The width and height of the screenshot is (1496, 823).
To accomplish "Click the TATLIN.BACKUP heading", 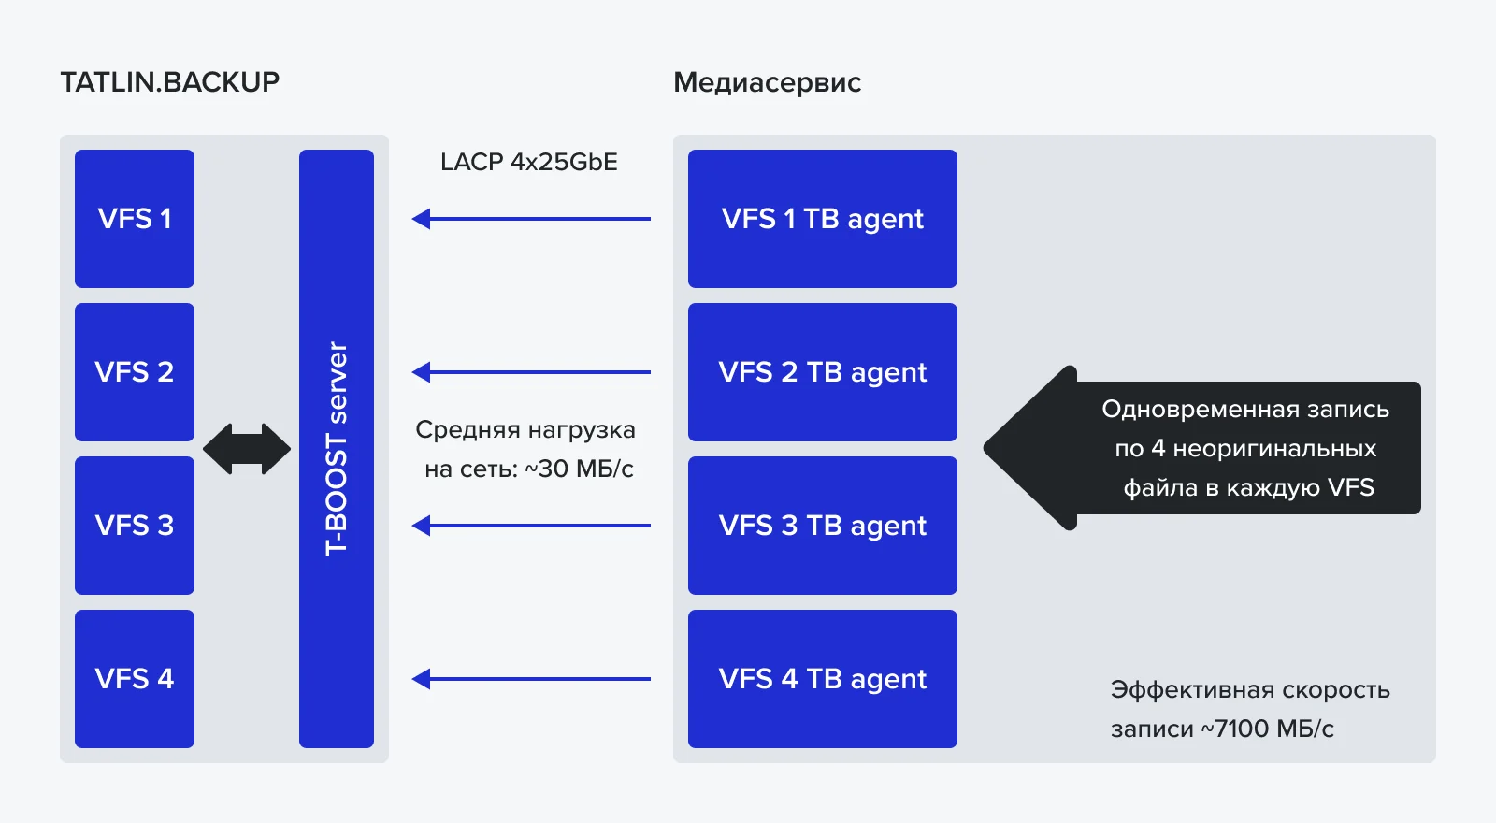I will pyautogui.click(x=170, y=82).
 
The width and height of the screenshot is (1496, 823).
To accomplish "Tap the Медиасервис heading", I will pyautogui.click(x=767, y=82).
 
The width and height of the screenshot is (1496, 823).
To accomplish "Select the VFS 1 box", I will pyautogui.click(x=135, y=219).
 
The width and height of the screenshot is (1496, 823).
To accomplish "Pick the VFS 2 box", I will pyautogui.click(x=135, y=372).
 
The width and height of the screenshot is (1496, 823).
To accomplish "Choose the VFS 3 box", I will pyautogui.click(x=135, y=526).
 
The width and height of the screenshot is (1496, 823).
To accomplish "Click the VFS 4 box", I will pyautogui.click(x=135, y=679).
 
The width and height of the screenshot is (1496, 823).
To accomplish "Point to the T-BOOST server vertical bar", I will pyautogui.click(x=337, y=449).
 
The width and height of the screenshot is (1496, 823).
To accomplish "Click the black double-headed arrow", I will pyautogui.click(x=247, y=449).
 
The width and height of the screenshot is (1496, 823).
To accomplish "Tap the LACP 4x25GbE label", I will pyautogui.click(x=529, y=162).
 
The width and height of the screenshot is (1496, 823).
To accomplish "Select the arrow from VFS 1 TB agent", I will pyautogui.click(x=531, y=219).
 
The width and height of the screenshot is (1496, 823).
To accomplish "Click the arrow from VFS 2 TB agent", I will pyautogui.click(x=531, y=372).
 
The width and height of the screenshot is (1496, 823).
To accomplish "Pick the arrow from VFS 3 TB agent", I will pyautogui.click(x=531, y=526).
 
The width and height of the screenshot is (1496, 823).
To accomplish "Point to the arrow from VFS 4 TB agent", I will pyautogui.click(x=531, y=679).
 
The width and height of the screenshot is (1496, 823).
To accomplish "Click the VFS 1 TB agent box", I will pyautogui.click(x=823, y=219).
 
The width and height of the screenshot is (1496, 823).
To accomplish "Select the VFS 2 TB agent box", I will pyautogui.click(x=823, y=372).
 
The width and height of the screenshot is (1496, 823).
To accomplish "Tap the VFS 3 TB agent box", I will pyautogui.click(x=823, y=526).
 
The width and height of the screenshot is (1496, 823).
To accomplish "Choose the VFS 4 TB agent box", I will pyautogui.click(x=823, y=679).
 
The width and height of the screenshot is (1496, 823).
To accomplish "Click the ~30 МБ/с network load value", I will pyautogui.click(x=580, y=469).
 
